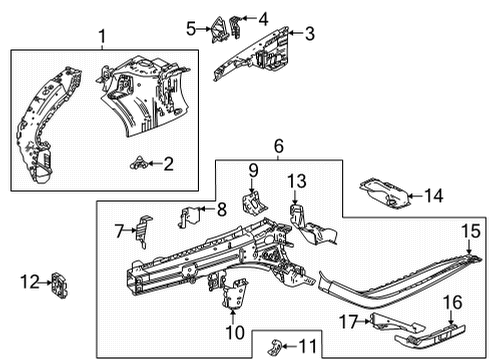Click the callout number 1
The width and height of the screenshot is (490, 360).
[x=101, y=37]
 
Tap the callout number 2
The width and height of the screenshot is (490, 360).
[x=168, y=163]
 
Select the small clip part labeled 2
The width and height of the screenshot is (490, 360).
[x=139, y=162]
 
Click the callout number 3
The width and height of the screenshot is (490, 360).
[x=309, y=34]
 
